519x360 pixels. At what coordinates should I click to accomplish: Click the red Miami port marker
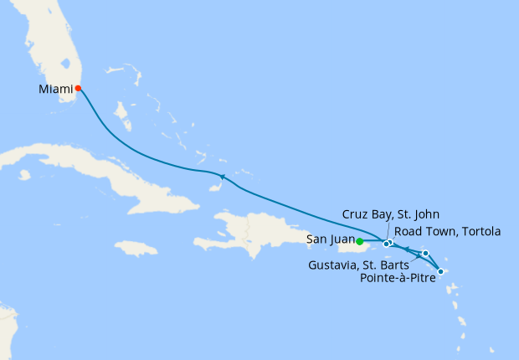click(78, 88)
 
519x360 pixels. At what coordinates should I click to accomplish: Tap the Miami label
click(55, 88)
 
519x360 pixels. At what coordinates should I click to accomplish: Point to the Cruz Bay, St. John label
click(390, 214)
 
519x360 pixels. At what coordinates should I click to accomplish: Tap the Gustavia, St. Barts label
click(359, 265)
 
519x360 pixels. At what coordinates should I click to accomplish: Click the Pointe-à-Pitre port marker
click(441, 271)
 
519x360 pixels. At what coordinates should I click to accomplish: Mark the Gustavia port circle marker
click(425, 253)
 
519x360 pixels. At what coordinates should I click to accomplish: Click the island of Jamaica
click(136, 248)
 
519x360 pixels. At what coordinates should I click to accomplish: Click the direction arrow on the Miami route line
click(222, 176)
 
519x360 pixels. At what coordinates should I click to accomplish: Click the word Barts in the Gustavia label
click(391, 265)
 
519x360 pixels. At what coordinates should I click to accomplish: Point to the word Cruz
click(356, 214)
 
